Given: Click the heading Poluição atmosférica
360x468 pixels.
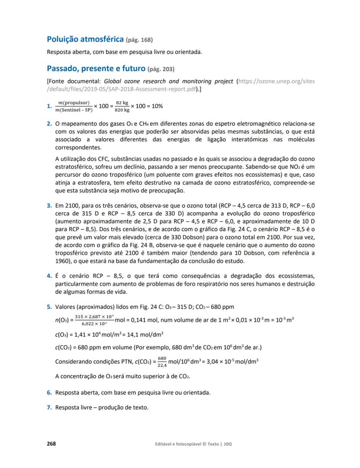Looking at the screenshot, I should point(85,40).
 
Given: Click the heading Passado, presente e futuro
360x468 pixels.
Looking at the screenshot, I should point(96,68).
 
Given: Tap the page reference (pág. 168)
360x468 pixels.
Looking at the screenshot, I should point(139,40).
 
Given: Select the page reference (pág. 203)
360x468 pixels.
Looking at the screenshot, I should point(161,69).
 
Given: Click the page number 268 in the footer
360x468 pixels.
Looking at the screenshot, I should point(51,444).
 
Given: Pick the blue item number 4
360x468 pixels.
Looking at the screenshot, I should point(50,276).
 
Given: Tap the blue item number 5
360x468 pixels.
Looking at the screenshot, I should point(50,307).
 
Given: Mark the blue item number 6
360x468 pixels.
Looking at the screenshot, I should point(50,392).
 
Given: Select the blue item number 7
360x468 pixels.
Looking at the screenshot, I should point(50,407).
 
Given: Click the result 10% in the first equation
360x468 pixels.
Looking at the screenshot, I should point(157,106).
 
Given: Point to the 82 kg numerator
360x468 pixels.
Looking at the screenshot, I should point(122,103).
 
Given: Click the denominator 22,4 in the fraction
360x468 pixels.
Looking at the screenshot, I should point(162,365).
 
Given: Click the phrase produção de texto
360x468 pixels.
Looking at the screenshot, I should point(129,407).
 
